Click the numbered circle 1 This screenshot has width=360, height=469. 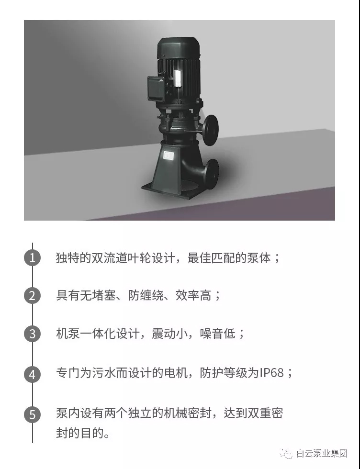coord(33,258)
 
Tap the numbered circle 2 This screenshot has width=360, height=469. coord(33,296)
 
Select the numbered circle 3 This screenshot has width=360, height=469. coord(33,334)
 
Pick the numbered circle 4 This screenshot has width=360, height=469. coord(33,374)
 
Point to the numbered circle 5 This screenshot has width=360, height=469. coord(33,414)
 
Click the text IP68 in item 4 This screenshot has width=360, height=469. coord(271,373)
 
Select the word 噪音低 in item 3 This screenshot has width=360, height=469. coord(217,334)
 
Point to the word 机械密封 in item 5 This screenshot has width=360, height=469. coord(188,413)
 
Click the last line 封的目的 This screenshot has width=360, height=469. coord(83,433)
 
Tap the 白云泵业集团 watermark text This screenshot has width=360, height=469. coord(321,454)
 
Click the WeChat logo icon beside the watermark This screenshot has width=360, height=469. coord(286,454)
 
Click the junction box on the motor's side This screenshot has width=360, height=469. coord(156,89)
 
